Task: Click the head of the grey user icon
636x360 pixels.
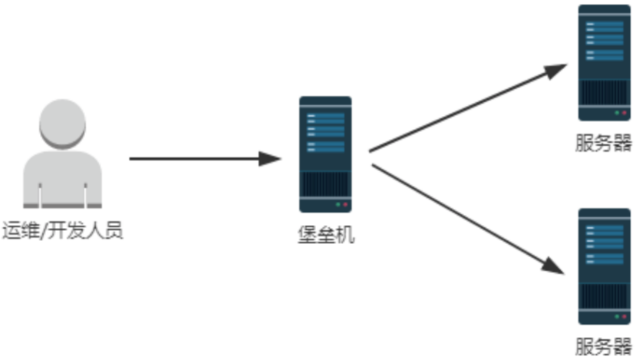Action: point(62,124)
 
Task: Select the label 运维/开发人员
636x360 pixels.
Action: point(62,230)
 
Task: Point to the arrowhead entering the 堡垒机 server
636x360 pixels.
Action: point(272,159)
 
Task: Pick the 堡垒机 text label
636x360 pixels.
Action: point(325,234)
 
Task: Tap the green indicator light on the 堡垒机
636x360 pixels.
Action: point(337,205)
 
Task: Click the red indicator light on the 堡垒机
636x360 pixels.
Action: point(345,205)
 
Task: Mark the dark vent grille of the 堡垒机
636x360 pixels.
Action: point(325,183)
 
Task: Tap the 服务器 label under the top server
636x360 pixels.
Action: point(604,143)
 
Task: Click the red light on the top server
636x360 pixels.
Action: point(624,113)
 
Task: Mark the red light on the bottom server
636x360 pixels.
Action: point(624,315)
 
